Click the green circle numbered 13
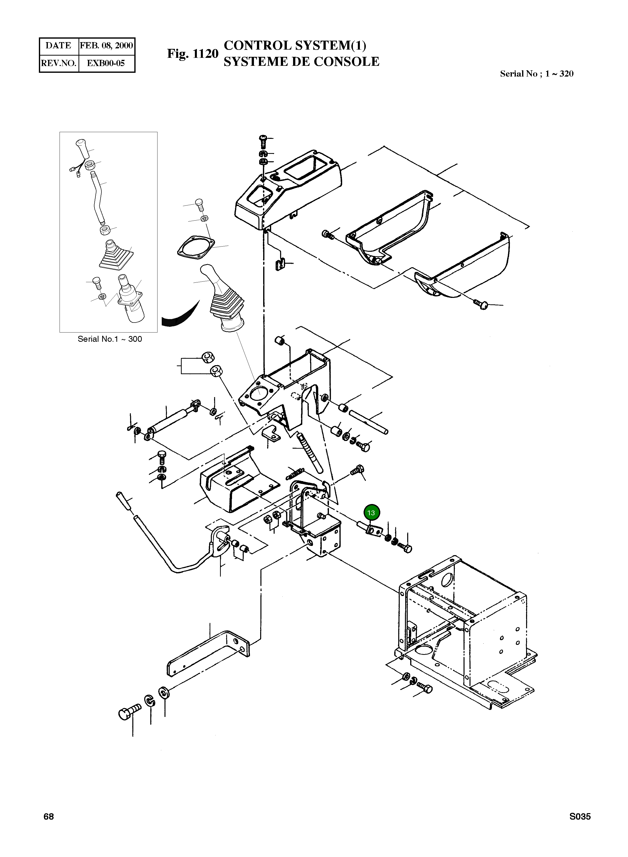pyautogui.click(x=371, y=513)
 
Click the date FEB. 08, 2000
pyautogui.click(x=106, y=46)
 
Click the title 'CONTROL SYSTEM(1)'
pyautogui.click(x=295, y=45)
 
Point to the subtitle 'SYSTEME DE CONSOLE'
pyautogui.click(x=301, y=62)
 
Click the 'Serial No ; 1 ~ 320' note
pyautogui.click(x=536, y=74)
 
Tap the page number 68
pyautogui.click(x=49, y=816)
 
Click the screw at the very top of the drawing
pyautogui.click(x=263, y=140)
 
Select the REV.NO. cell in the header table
pyautogui.click(x=59, y=63)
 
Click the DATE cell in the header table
pyautogui.click(x=59, y=46)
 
